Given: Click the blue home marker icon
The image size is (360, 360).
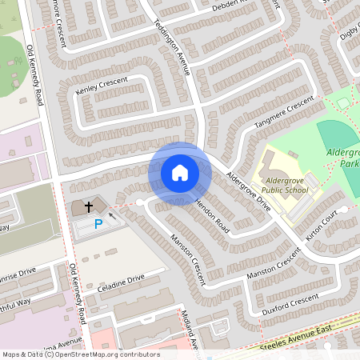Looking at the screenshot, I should [180, 173].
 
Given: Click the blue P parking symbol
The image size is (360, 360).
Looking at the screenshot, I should [98, 225].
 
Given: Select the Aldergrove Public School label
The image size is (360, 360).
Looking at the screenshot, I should [286, 185].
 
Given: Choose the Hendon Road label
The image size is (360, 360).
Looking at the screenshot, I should [212, 217].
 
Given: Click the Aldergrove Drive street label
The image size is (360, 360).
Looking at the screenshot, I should [249, 191].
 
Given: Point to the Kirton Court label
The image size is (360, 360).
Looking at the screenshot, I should [322, 227].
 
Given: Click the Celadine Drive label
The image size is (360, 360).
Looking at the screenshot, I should [121, 280].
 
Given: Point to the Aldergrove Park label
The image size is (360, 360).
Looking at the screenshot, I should [342, 157].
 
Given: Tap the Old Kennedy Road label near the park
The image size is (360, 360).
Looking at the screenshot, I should [36, 76].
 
